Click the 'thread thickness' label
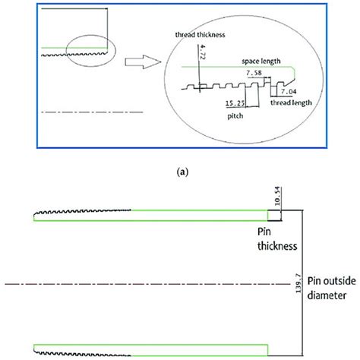pyautogui.click(x=200, y=35)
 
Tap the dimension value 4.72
pyautogui.click(x=203, y=52)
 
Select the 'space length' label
pyautogui.click(x=261, y=62)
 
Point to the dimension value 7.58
pyautogui.click(x=254, y=73)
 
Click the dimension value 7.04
pyautogui.click(x=289, y=91)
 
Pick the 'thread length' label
pyautogui.click(x=291, y=103)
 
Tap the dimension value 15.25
pyautogui.click(x=235, y=103)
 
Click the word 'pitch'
pyautogui.click(x=235, y=116)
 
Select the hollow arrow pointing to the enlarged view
pyautogui.click(x=143, y=62)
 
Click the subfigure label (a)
pyautogui.click(x=182, y=172)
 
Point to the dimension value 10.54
pyautogui.click(x=277, y=196)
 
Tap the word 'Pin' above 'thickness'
pyautogui.click(x=264, y=232)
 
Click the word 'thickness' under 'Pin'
pyautogui.click(x=277, y=246)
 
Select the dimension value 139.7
pyautogui.click(x=298, y=283)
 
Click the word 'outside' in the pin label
pyautogui.click(x=340, y=281)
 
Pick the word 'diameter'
pyautogui.click(x=327, y=295)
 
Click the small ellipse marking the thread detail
pyautogui.click(x=66, y=51)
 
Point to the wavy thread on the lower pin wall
pyautogui.click(x=82, y=353)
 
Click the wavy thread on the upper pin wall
pyautogui.click(x=82, y=211)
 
